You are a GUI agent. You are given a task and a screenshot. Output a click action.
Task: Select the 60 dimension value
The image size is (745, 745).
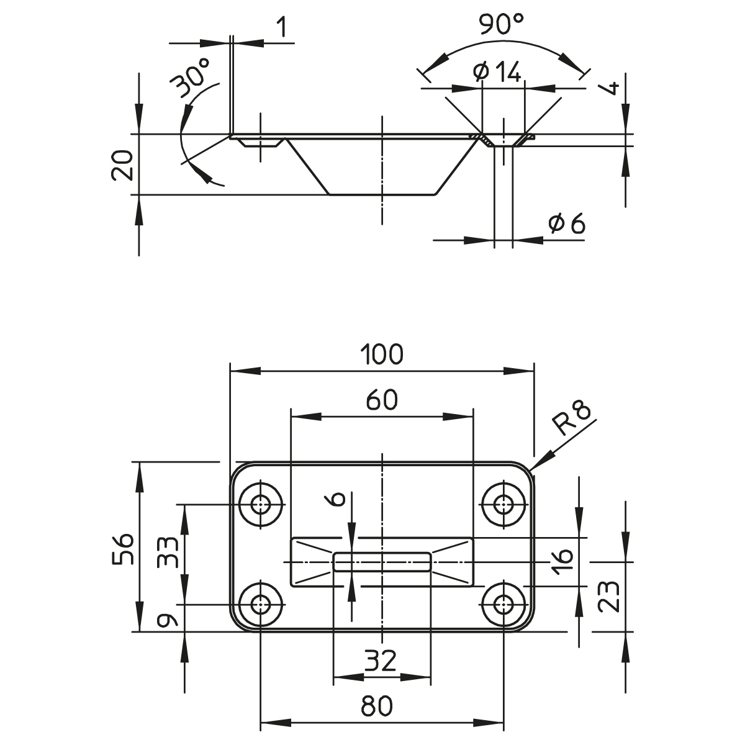[x=381, y=400]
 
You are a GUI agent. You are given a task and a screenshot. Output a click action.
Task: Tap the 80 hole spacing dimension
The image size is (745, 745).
[x=376, y=706]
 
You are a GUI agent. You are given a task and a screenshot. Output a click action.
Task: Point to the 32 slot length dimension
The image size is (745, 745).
[x=381, y=662]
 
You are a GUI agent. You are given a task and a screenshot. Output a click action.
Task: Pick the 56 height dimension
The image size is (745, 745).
[x=124, y=547]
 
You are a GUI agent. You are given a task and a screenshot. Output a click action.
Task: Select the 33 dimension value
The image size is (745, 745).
[x=168, y=552]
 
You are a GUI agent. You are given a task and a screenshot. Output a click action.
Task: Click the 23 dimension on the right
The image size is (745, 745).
[x=611, y=596]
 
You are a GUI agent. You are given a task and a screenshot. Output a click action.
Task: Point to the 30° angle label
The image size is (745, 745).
[x=192, y=77]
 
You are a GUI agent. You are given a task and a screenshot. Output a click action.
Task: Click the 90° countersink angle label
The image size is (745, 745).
[x=502, y=25]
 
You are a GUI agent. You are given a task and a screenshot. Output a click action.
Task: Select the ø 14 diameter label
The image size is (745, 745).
[x=497, y=73]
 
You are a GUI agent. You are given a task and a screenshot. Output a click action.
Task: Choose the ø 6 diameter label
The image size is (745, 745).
[x=567, y=224]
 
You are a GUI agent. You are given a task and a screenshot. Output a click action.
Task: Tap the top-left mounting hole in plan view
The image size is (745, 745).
[x=261, y=503]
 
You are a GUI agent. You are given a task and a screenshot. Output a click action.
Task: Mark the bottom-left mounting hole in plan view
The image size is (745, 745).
[x=261, y=604]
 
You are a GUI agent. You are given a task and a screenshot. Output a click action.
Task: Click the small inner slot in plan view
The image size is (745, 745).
[x=382, y=562]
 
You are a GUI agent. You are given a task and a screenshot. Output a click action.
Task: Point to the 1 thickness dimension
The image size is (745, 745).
[x=282, y=28]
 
